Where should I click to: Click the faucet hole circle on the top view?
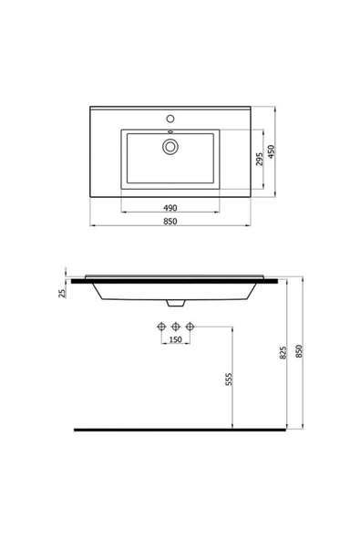pos(170,119)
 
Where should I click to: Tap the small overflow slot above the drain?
pos(170,135)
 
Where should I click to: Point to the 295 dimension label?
pos(259,161)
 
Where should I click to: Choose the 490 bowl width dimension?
pos(170,207)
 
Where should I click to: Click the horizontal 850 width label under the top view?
pos(170,222)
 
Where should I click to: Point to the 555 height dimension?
pos(229,380)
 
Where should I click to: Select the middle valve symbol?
pos(176,326)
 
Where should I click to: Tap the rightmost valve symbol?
pos(190,326)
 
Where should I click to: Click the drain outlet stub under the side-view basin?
pos(176,303)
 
